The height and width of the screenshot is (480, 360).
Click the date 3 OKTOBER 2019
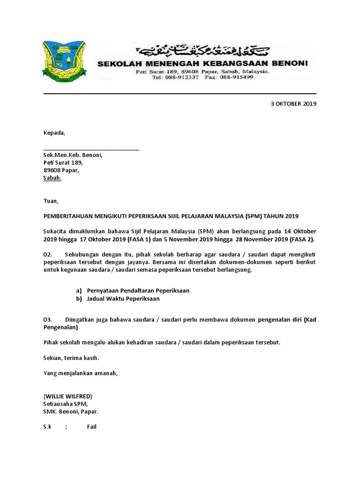pyautogui.click(x=293, y=104)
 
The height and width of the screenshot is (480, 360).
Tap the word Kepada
pyautogui.click(x=54, y=133)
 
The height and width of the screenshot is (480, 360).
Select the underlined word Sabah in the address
pyautogui.click(x=52, y=179)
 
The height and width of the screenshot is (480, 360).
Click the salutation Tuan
pyautogui.click(x=51, y=202)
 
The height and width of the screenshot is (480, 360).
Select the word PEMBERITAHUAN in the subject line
pyautogui.click(x=67, y=216)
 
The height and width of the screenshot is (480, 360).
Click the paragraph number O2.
pyautogui.click(x=47, y=254)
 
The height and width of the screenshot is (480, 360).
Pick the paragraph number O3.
pyautogui.click(x=47, y=320)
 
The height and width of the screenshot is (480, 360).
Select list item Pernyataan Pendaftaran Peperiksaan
pyautogui.click(x=138, y=291)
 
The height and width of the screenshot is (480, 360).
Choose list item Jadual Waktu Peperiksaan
pyautogui.click(x=123, y=299)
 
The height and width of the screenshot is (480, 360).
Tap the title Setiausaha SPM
pyautogui.click(x=65, y=404)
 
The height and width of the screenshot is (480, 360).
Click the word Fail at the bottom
pyautogui.click(x=92, y=427)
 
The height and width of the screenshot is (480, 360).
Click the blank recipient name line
pyautogui.click(x=91, y=148)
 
